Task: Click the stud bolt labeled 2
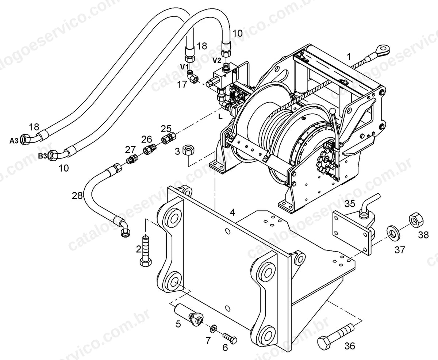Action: click(x=146, y=251)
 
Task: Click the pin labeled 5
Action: click(x=189, y=315)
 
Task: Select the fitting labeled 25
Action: click(x=168, y=138)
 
